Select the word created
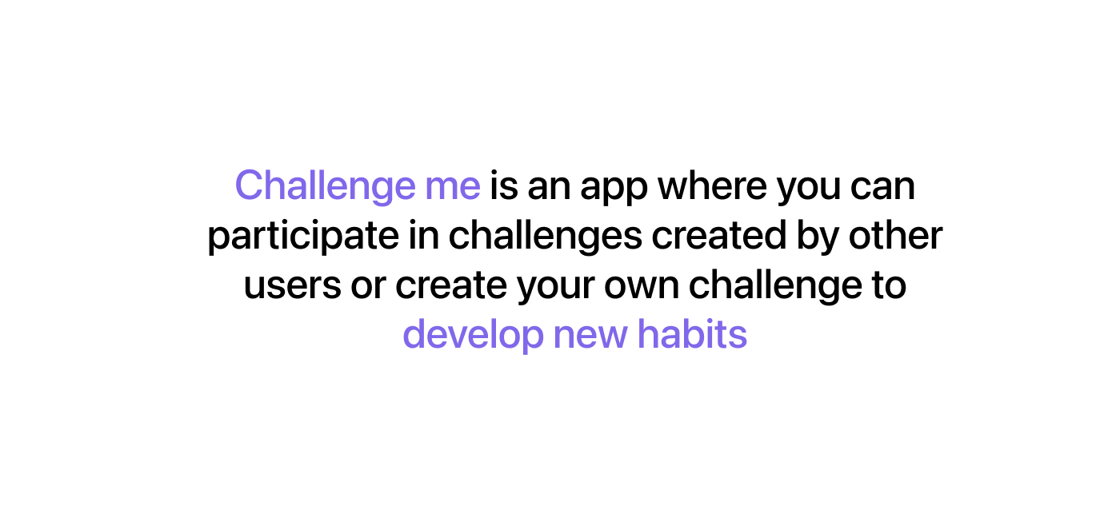[x=719, y=234]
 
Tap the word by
[x=818, y=237]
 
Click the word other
[x=895, y=234]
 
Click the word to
[x=889, y=285]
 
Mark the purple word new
[x=590, y=337]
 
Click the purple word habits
[x=692, y=333]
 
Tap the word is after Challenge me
[x=503, y=185]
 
